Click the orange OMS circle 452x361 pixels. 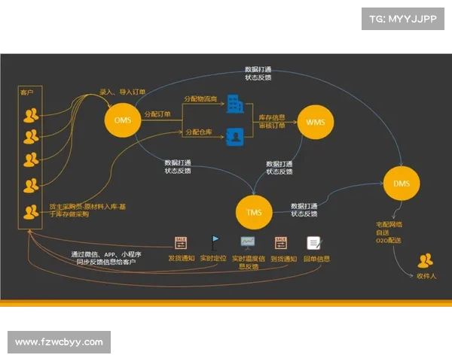[123, 120]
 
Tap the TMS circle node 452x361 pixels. [253, 211]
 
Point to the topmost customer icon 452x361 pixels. [31, 114]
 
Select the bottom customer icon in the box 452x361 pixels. [31, 212]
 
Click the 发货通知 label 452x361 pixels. [181, 259]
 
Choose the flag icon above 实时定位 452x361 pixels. [214, 243]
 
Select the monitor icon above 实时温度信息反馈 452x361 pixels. [248, 243]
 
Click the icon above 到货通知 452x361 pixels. [281, 243]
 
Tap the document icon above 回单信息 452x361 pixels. [313, 243]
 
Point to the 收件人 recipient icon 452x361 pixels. [426, 261]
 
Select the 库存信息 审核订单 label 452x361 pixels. [271, 121]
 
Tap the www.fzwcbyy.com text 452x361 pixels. [59, 342]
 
